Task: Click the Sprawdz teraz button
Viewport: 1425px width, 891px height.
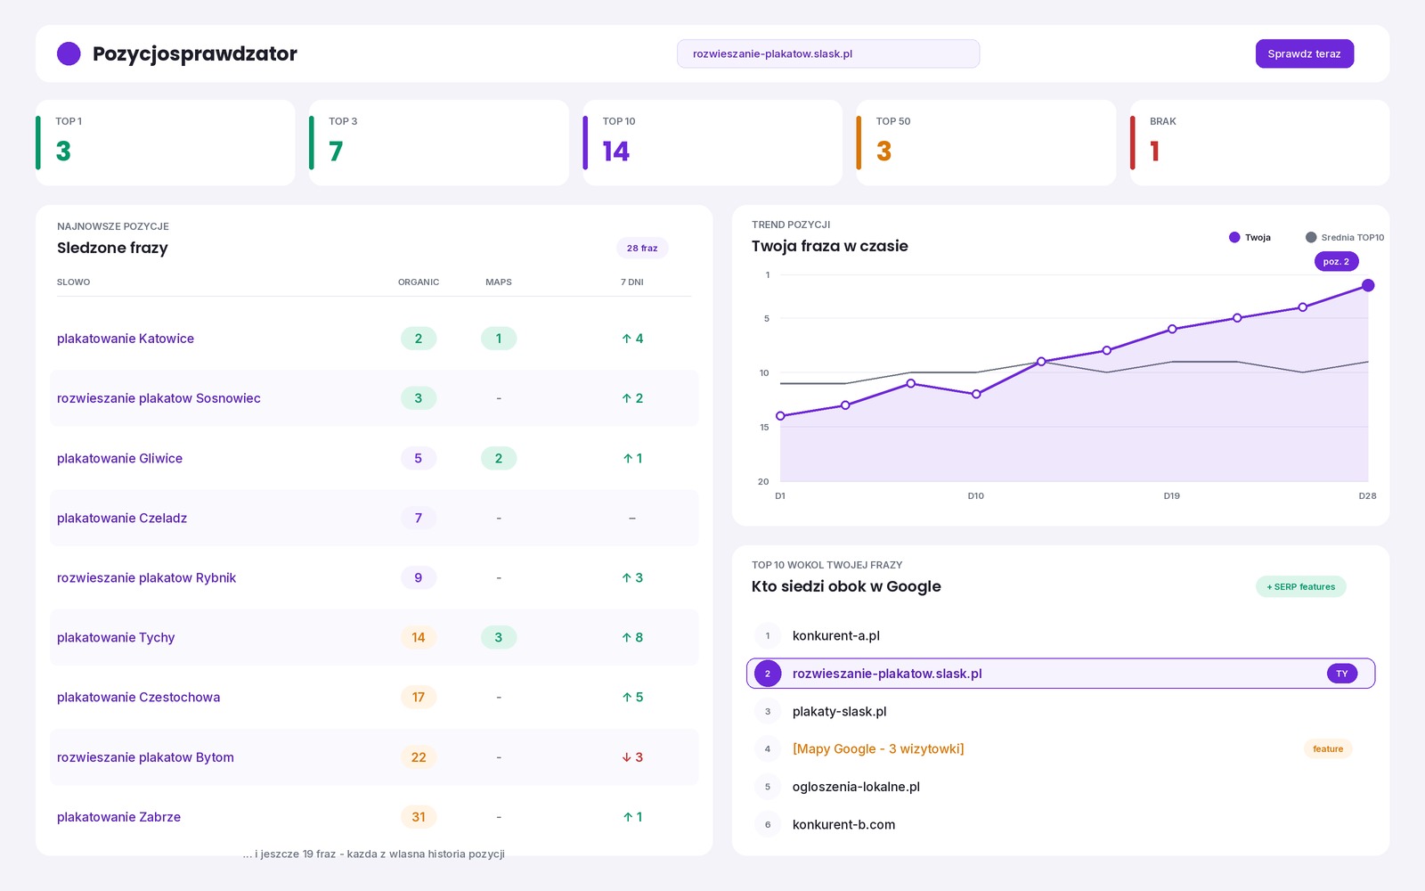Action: (1304, 53)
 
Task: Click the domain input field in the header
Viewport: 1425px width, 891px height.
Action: (827, 53)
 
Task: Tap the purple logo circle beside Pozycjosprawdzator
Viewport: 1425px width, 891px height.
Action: (69, 53)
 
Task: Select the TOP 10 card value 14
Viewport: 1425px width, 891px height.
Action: (615, 151)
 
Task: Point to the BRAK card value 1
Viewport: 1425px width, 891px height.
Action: (1154, 151)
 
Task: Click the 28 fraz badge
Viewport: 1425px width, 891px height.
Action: (642, 248)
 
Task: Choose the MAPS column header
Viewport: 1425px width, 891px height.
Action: (498, 282)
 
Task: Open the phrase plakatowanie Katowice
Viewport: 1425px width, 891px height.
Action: (126, 339)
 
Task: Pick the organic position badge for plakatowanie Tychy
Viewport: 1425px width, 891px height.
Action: (418, 637)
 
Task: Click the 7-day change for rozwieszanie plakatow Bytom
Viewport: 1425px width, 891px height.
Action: (632, 756)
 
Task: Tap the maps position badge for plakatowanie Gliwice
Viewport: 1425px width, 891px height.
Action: (498, 458)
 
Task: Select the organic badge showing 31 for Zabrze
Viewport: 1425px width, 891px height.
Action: (418, 816)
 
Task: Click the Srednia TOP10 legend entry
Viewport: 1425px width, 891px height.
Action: (1344, 237)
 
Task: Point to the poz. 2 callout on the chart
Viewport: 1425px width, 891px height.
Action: (1336, 262)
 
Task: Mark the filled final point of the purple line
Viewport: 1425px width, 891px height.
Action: (1368, 286)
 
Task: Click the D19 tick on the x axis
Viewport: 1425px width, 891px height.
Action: (1171, 495)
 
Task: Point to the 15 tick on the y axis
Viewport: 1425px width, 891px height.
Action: (764, 427)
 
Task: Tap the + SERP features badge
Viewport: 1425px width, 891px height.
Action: (1300, 587)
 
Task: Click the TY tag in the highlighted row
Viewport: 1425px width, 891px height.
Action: (1341, 674)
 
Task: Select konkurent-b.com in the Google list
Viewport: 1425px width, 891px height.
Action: (843, 824)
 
